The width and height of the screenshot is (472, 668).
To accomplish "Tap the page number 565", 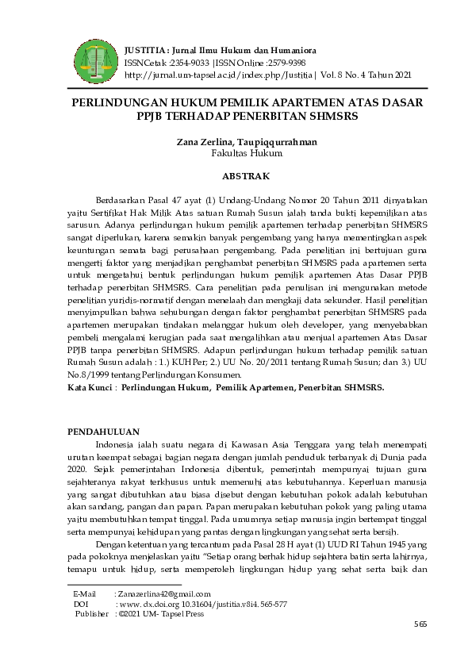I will pyautogui.click(x=420, y=625).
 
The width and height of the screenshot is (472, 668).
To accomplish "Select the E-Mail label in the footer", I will pyautogui.click(x=84, y=593).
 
